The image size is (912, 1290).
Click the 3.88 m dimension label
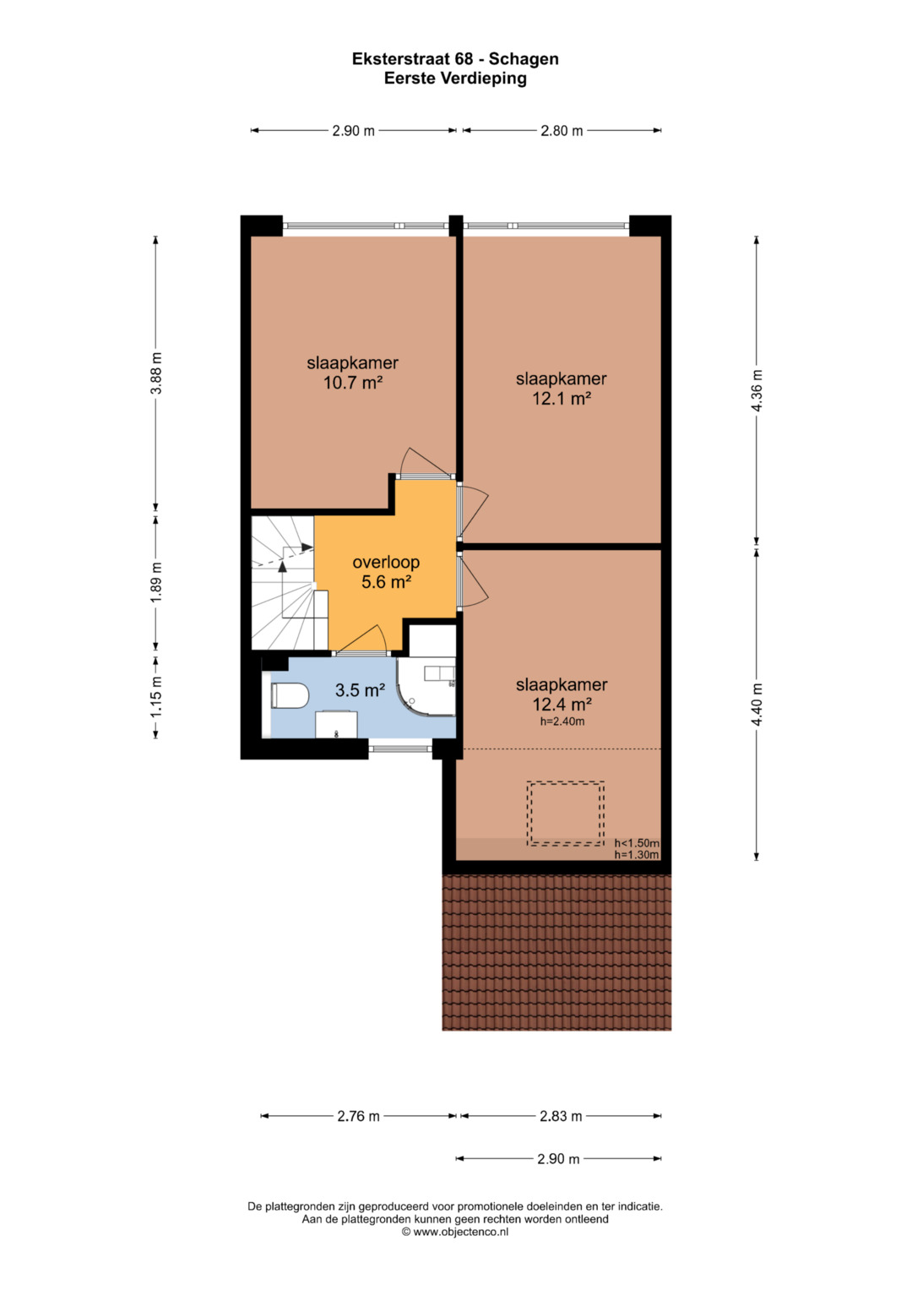pos(156,373)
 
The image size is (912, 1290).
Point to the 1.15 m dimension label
pos(156,697)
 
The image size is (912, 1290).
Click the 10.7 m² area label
pos(353,383)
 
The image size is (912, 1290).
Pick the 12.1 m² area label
pos(562,398)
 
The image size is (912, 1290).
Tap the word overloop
pos(387,562)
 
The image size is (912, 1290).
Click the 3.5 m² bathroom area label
pos(361,690)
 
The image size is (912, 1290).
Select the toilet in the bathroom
pos(290,695)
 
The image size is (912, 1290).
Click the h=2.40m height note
pos(562,721)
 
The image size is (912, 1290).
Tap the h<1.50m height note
pos(637,844)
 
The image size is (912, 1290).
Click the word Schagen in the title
pos(524,59)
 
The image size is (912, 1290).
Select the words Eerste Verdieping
pos(455,79)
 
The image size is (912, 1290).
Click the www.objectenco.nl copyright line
pos(455,1232)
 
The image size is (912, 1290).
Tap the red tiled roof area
pos(556,952)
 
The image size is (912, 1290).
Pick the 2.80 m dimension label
pos(562,131)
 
